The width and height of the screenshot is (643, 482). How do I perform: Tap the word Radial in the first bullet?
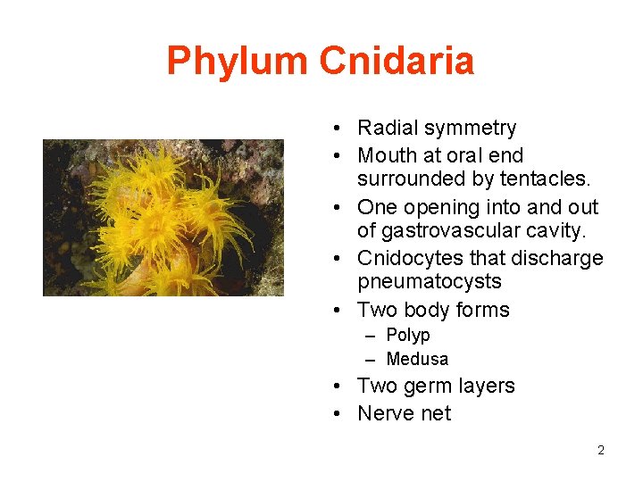tap(385, 129)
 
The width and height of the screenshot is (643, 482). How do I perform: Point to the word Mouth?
tap(385, 155)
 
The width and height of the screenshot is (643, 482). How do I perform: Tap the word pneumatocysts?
tap(430, 282)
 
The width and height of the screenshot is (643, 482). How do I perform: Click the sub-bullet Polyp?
tap(408, 336)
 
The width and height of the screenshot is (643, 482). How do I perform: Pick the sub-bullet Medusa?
tap(417, 359)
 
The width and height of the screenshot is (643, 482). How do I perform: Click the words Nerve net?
tap(404, 413)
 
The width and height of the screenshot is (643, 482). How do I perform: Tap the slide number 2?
tap(601, 450)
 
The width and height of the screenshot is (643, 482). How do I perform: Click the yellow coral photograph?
tap(163, 217)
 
